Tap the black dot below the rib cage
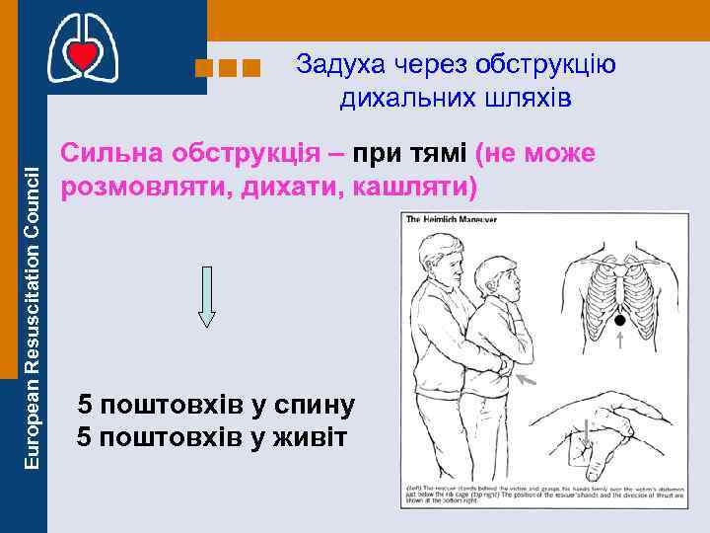(618, 320)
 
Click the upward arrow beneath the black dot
(619, 342)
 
